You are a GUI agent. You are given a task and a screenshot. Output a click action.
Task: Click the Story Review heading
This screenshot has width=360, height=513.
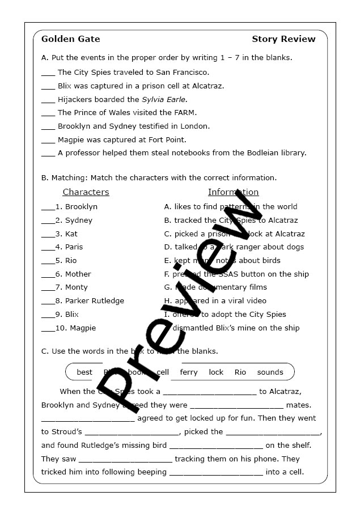pos(283,39)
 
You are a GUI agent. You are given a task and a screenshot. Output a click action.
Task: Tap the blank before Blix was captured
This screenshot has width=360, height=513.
pos(48,87)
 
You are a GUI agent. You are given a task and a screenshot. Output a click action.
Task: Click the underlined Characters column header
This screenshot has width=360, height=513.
pos(86,192)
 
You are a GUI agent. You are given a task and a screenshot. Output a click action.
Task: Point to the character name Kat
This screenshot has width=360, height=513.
pos(71,234)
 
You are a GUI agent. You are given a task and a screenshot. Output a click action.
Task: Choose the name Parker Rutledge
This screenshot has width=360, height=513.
pos(94,301)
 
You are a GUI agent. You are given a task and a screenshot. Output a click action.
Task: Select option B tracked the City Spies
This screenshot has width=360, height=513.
pos(231,221)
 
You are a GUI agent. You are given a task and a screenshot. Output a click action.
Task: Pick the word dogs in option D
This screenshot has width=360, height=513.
pos(294,247)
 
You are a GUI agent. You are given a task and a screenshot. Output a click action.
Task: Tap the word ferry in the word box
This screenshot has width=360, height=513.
pos(189,372)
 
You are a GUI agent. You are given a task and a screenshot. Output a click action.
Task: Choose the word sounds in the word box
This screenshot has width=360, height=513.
pos(270,372)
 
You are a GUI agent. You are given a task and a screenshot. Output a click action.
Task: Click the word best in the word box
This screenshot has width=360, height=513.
pos(84,372)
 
